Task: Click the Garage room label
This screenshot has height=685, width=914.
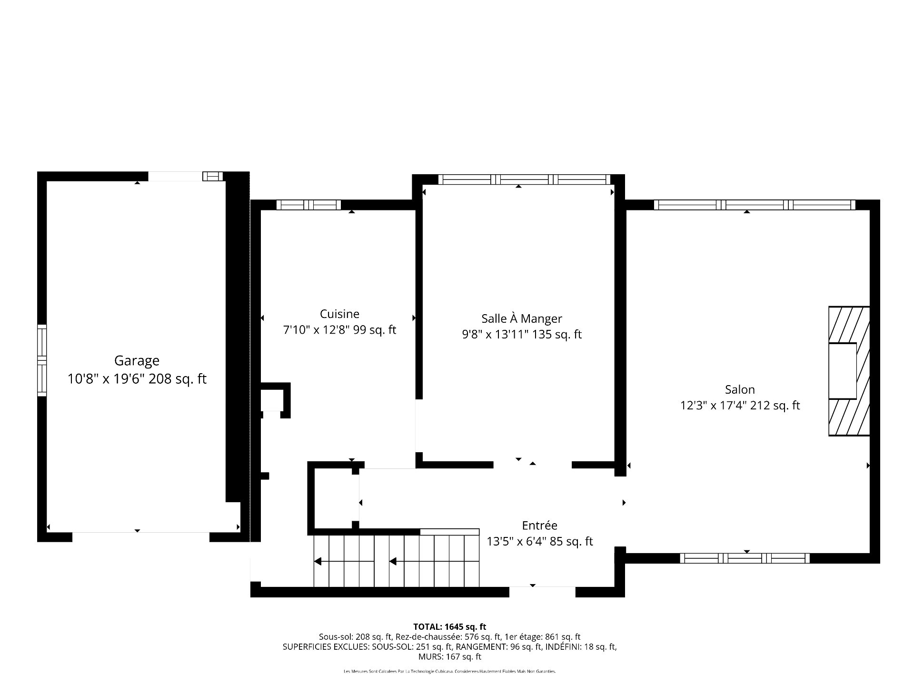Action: point(137,361)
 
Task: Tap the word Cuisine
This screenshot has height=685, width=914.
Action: point(339,314)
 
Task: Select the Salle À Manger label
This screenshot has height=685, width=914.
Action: point(522,318)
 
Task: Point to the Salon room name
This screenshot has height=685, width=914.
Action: point(740,389)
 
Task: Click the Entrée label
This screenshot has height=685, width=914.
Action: point(539,526)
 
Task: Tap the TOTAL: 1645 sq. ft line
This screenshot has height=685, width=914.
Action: point(449,627)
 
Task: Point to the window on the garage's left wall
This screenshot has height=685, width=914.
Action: point(42,360)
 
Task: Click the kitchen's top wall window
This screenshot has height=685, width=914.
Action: point(308,205)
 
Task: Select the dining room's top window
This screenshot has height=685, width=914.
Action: point(524,179)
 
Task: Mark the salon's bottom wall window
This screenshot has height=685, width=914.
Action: point(745,558)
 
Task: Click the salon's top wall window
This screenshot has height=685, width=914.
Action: point(755,205)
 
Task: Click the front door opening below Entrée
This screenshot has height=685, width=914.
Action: point(542,592)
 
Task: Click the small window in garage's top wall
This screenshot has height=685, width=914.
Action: point(213,177)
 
